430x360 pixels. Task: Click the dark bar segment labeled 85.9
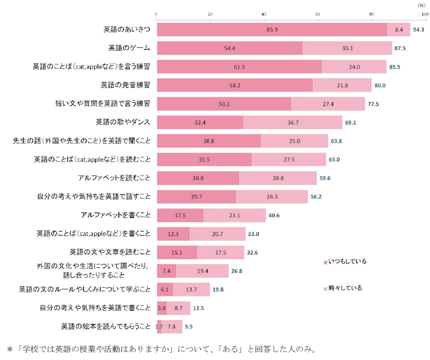272,29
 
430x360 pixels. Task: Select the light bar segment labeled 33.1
347,48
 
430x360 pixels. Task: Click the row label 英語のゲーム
129,48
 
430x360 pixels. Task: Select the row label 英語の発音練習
125,85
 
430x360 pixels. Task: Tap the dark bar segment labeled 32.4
200,122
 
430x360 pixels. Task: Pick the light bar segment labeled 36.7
293,122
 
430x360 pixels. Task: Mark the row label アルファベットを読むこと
114,178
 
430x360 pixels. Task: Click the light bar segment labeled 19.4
203,271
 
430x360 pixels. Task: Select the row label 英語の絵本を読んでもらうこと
105,326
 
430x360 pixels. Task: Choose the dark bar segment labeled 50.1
224,103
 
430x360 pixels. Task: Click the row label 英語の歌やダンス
123,122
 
